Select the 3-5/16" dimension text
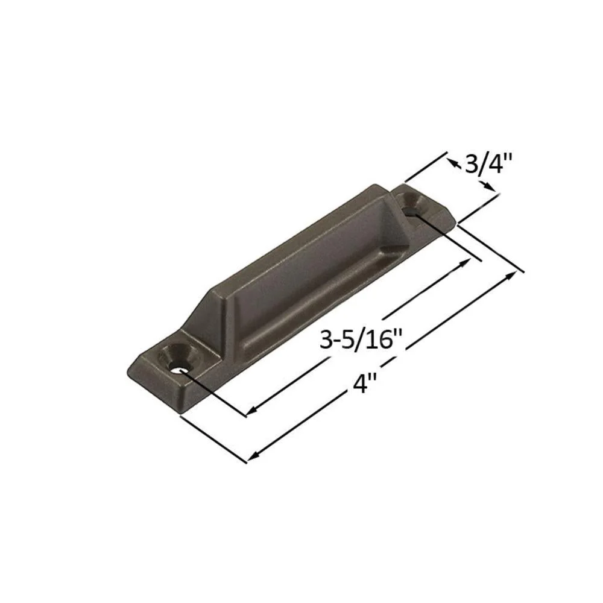[361, 340]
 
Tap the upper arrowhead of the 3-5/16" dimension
[466, 263]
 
